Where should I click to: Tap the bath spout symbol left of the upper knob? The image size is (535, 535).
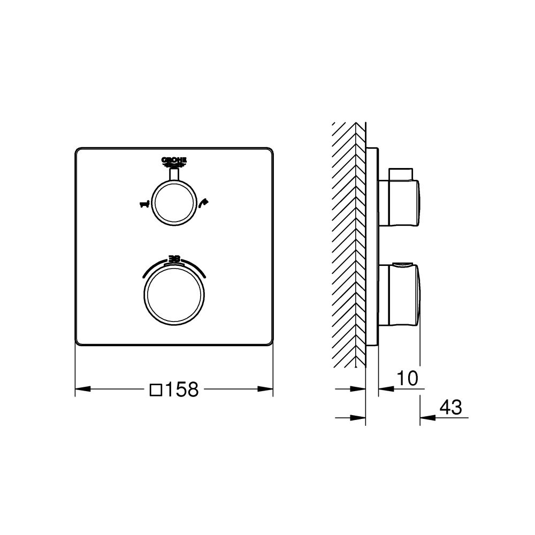(x=143, y=203)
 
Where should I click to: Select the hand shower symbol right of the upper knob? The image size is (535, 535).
(x=203, y=202)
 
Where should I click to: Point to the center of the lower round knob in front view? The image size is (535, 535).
(x=173, y=293)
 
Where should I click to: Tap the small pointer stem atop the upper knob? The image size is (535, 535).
(x=173, y=174)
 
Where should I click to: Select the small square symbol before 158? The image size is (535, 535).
(x=156, y=390)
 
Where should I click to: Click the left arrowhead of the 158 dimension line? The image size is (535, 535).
(x=81, y=389)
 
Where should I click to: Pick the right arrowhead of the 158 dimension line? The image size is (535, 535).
(x=267, y=389)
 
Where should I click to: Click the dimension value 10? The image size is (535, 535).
(x=407, y=378)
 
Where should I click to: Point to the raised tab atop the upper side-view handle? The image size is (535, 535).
(x=401, y=174)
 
